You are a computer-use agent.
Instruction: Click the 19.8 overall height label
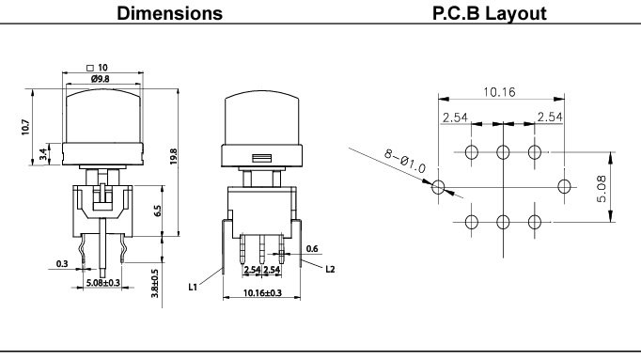(x=174, y=155)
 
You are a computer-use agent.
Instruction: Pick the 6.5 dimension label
(x=159, y=211)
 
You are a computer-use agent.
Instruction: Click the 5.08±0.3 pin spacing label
(x=102, y=282)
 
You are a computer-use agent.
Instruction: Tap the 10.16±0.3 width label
(x=262, y=293)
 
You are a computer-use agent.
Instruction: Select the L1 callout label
(x=192, y=284)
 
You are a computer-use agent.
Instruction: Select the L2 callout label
(x=330, y=270)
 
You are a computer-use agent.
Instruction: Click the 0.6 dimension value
(x=313, y=249)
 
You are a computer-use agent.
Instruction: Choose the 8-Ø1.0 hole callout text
(x=404, y=162)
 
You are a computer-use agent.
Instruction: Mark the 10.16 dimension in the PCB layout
(x=503, y=92)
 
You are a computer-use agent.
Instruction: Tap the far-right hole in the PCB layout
(x=565, y=186)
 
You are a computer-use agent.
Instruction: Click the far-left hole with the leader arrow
(x=439, y=187)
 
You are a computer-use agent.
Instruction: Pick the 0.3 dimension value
(x=61, y=265)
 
